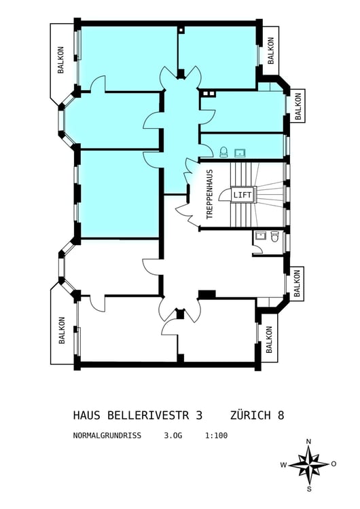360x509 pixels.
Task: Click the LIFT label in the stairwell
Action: [242, 195]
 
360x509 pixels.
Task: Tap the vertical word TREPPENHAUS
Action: [210, 193]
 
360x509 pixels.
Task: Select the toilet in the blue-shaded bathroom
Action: [223, 151]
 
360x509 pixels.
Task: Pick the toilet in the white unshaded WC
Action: [274, 236]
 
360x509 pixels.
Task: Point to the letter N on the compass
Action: [308, 442]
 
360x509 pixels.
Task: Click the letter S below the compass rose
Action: [308, 489]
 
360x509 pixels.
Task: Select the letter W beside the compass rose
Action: [284, 465]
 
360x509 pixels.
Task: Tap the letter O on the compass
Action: [334, 464]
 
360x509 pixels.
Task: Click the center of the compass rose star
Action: [308, 465]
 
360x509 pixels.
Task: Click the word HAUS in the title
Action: [86, 415]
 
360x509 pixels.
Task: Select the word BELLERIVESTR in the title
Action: [147, 415]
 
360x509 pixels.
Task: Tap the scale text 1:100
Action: [216, 436]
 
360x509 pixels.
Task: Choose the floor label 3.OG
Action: [173, 436]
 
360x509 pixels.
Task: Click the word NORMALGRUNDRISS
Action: [107, 436]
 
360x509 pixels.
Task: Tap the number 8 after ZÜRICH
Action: [281, 415]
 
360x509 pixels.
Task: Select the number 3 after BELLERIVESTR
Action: [199, 415]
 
